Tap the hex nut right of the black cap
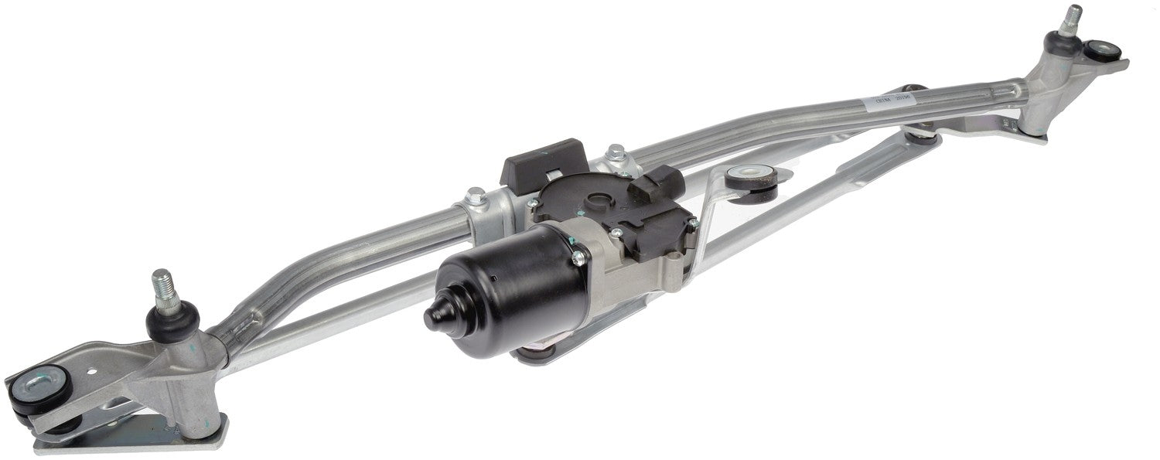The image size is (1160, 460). point(616,153)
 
